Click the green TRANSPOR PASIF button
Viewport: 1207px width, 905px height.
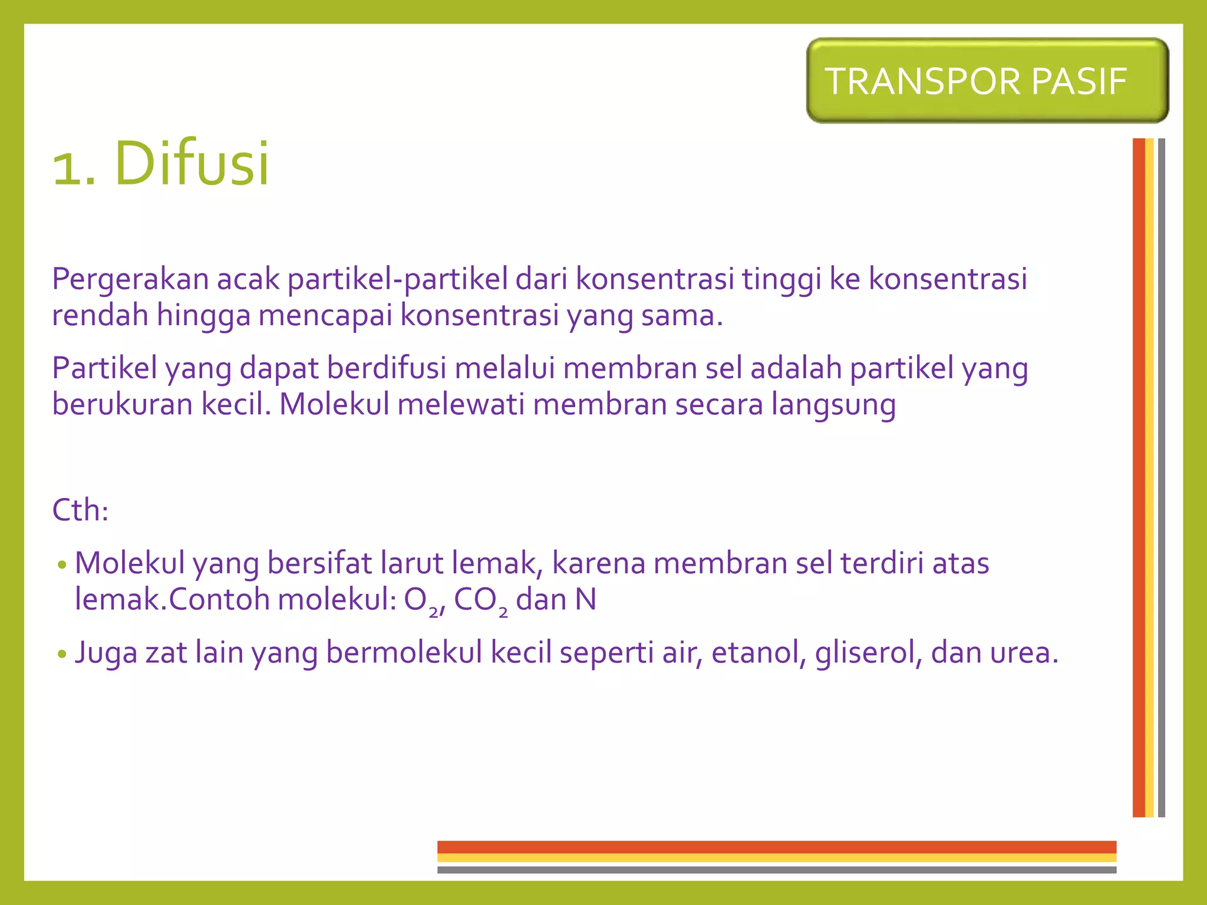pyautogui.click(x=987, y=81)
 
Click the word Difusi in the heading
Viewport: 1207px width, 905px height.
pyautogui.click(x=192, y=163)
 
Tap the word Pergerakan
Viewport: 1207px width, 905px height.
pyautogui.click(x=130, y=279)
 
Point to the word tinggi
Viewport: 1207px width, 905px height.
pyautogui.click(x=781, y=279)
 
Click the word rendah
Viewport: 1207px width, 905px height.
pyautogui.click(x=100, y=315)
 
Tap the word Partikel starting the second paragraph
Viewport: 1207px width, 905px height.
pyautogui.click(x=104, y=368)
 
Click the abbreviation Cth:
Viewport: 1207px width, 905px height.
pyautogui.click(x=80, y=510)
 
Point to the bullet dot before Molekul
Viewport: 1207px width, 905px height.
pyautogui.click(x=62, y=565)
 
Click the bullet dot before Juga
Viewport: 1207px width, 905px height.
pyautogui.click(x=62, y=655)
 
